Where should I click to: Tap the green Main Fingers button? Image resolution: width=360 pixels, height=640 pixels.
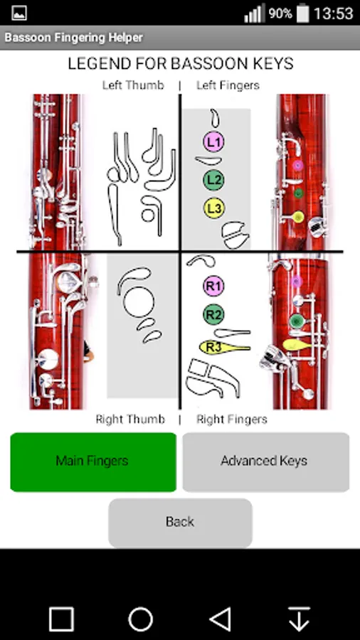coord(93,462)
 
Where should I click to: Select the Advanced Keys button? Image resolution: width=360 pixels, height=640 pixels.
coord(265,462)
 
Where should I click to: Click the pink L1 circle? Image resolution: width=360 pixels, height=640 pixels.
coord(214,142)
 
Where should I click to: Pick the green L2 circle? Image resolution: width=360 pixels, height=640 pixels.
coord(214,180)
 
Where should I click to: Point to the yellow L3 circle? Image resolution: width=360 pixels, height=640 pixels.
coord(214,208)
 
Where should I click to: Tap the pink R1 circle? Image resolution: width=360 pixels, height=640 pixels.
coord(214,286)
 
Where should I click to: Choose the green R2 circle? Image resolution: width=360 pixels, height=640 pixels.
coord(214,315)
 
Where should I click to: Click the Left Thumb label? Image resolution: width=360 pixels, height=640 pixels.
coord(133,85)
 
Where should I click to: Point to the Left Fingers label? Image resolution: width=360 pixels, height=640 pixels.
coord(228,85)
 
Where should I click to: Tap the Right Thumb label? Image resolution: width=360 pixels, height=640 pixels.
coord(130,419)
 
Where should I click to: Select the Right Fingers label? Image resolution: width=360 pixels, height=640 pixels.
coord(232,419)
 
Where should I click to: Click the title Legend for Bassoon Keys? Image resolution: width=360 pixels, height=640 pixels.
coord(181,64)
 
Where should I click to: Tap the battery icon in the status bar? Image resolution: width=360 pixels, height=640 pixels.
coord(303,14)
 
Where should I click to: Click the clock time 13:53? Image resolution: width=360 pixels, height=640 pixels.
coord(333,14)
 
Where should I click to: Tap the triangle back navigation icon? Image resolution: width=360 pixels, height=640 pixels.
coord(220,619)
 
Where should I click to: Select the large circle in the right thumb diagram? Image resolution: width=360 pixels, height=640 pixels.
coord(139,302)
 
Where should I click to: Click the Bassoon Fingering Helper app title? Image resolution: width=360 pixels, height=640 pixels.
coord(74,38)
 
